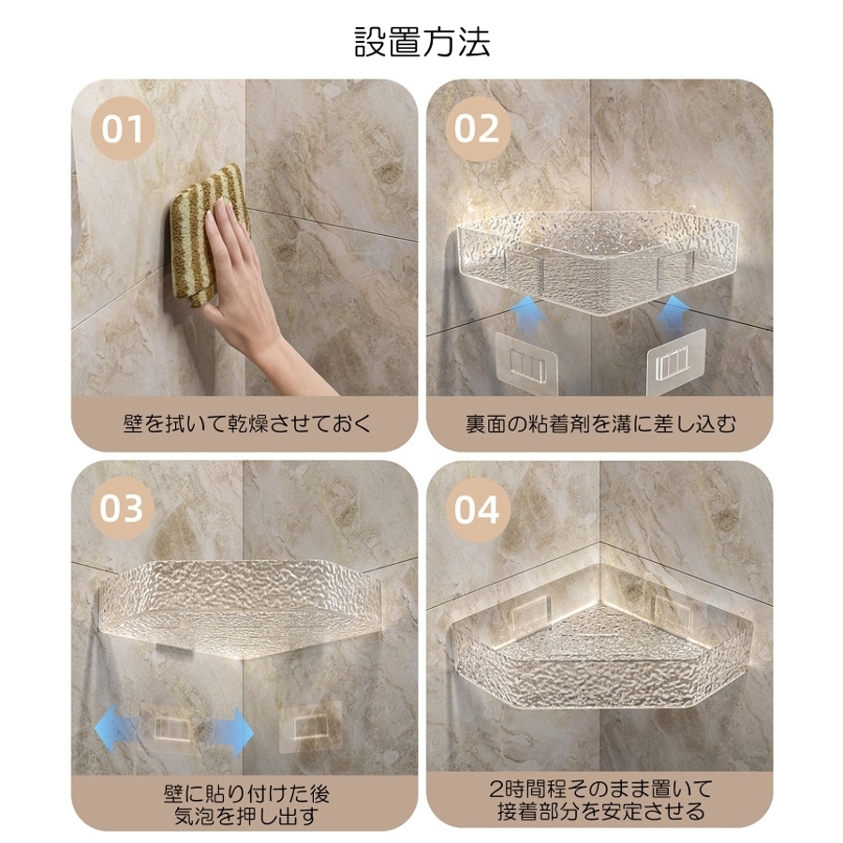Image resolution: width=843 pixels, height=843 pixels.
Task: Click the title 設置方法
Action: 422,42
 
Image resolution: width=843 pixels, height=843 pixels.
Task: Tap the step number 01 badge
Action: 123,128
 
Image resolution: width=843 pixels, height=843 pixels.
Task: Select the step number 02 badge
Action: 477,128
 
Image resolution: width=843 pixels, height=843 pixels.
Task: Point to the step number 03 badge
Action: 122,508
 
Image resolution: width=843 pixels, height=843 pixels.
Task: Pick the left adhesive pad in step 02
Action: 526,363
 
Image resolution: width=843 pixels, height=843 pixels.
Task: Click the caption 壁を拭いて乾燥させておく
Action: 246,424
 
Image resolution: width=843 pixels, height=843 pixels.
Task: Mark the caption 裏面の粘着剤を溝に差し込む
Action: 600,424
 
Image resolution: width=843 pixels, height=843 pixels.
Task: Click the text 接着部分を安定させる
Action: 600,811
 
